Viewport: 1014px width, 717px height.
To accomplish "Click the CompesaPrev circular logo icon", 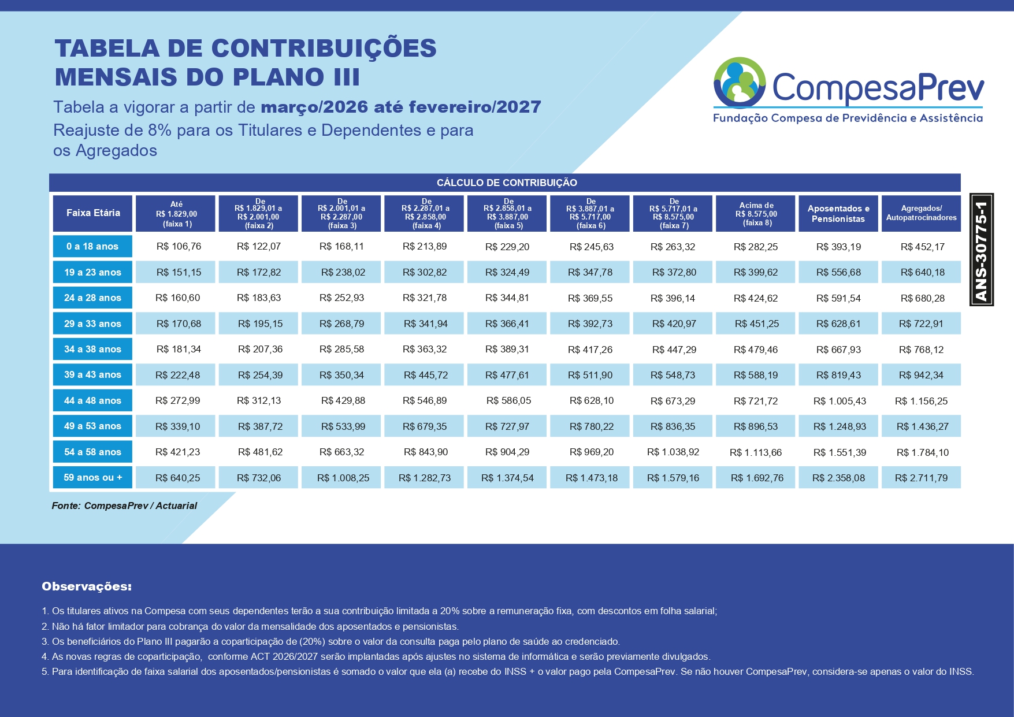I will (740, 83).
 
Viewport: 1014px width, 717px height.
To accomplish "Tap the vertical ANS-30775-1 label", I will (981, 250).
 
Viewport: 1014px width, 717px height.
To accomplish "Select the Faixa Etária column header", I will (93, 213).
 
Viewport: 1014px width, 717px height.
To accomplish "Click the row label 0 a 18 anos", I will (92, 246).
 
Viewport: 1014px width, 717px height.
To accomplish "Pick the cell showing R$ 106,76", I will (179, 247).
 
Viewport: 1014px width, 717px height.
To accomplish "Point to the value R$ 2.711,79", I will (921, 478).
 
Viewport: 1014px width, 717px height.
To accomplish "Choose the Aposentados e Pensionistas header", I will (838, 214).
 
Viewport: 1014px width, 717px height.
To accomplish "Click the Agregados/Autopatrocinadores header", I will (921, 213).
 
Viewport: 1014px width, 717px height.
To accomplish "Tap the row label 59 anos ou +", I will (92, 477).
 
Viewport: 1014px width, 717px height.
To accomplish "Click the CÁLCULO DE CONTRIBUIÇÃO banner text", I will (507, 183).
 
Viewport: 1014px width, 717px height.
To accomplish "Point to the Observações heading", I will (87, 586).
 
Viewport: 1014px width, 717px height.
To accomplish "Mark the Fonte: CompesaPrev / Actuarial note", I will (124, 506).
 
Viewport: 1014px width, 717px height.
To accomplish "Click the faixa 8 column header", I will (757, 214).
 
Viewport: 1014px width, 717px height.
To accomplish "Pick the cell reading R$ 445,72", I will (425, 375).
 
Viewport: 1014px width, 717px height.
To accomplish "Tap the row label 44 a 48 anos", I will (92, 400).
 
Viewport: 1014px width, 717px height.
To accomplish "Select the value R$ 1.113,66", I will (756, 452).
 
